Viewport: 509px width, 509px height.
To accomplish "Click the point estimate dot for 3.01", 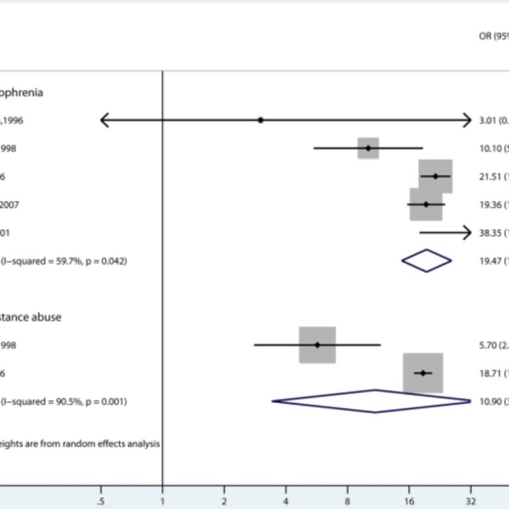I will pos(260,120).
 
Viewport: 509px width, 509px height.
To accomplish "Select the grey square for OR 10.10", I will pos(368,148).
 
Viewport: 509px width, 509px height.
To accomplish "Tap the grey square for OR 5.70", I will pos(317,345).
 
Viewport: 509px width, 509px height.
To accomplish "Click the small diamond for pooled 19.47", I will pos(426,260).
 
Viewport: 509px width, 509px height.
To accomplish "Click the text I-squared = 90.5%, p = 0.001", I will pos(65,402).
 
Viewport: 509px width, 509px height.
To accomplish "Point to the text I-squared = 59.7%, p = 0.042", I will pos(65,261).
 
